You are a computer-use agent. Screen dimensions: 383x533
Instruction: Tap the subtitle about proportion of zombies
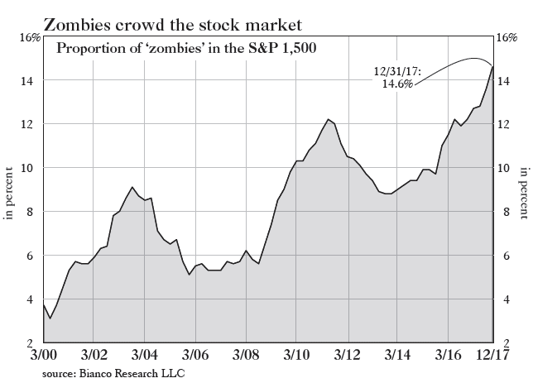186,48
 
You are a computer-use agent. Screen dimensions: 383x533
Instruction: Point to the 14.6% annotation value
396,84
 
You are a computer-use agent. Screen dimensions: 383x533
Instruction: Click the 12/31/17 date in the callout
398,72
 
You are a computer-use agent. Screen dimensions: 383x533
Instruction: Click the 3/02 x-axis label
94,356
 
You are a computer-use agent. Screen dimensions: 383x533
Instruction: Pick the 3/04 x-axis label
144,356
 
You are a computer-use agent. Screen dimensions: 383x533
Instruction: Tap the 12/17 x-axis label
493,356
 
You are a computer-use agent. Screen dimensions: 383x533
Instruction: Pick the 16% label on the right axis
507,38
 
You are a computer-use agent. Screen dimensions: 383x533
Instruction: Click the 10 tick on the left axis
28,168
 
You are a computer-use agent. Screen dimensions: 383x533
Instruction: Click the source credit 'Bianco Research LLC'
113,373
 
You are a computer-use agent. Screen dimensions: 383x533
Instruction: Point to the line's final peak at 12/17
493,67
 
